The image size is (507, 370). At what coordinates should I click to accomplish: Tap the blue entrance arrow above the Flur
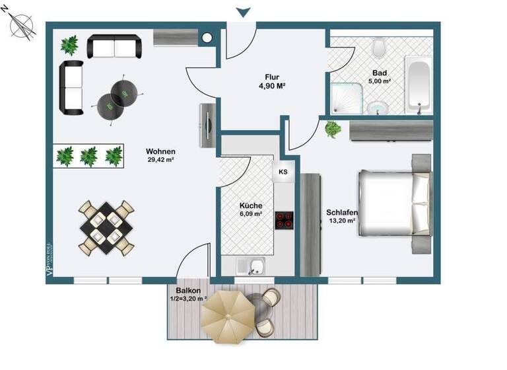pos(243,11)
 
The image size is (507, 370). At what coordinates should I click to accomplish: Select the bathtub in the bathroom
pos(419,85)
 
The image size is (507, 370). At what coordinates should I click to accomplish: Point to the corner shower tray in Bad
pos(346,99)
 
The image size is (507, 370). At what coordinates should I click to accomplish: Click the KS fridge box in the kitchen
pos(283,172)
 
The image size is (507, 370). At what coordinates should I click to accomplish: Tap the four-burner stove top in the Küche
pos(284,220)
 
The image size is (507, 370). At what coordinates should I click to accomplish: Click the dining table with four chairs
pos(107,226)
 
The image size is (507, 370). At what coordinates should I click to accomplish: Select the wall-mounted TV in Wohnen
pos(208,126)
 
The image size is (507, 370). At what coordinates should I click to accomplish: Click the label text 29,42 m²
pos(161,159)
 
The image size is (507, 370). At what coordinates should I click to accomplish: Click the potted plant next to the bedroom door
pos(333,129)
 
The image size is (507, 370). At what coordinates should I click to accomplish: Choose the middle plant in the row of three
pos(88,157)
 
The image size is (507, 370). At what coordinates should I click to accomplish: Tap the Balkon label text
pos(188,291)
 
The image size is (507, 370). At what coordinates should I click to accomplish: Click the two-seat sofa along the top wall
pos(115,47)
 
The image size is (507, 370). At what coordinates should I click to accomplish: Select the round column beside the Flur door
pos(208,38)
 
